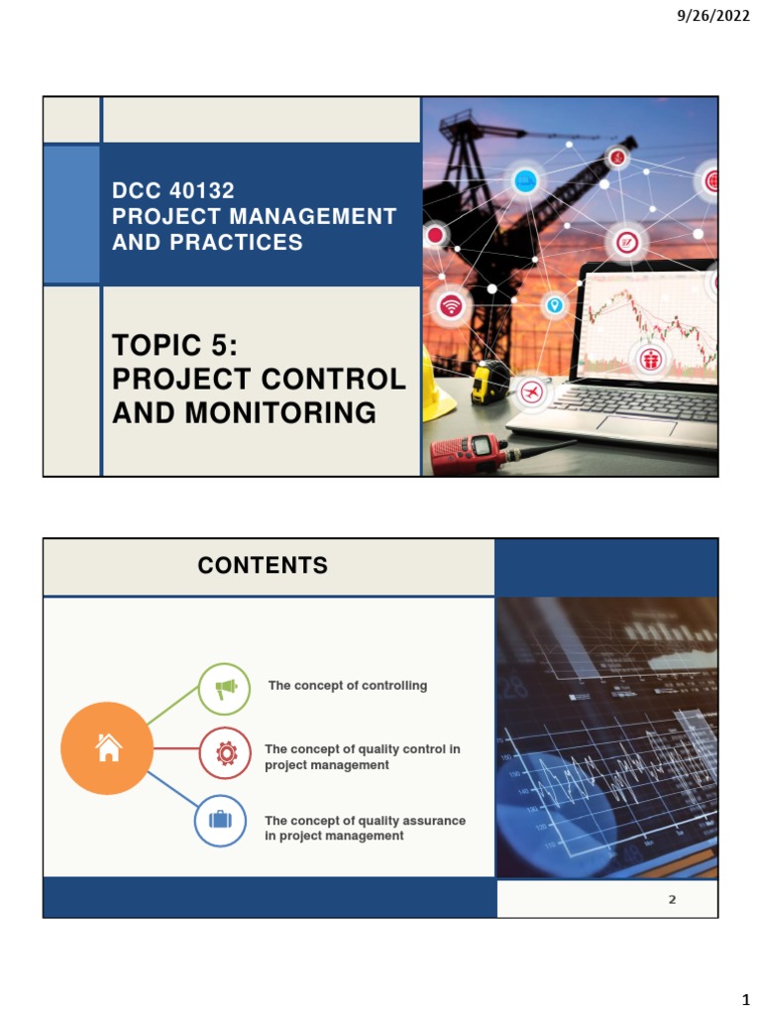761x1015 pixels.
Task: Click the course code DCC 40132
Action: point(173,191)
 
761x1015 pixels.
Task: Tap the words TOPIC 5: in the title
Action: point(176,346)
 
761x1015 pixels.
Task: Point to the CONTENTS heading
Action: point(263,566)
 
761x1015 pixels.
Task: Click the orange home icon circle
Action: point(107,748)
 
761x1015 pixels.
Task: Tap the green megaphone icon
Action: point(225,688)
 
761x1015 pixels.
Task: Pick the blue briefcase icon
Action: point(220,821)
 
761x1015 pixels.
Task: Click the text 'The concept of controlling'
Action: point(348,685)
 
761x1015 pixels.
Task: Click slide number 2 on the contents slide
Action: point(672,900)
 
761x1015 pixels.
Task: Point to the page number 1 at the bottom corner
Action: point(746,998)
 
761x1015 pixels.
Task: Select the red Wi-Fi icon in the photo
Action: point(452,306)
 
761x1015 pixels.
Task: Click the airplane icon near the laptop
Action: point(533,393)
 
